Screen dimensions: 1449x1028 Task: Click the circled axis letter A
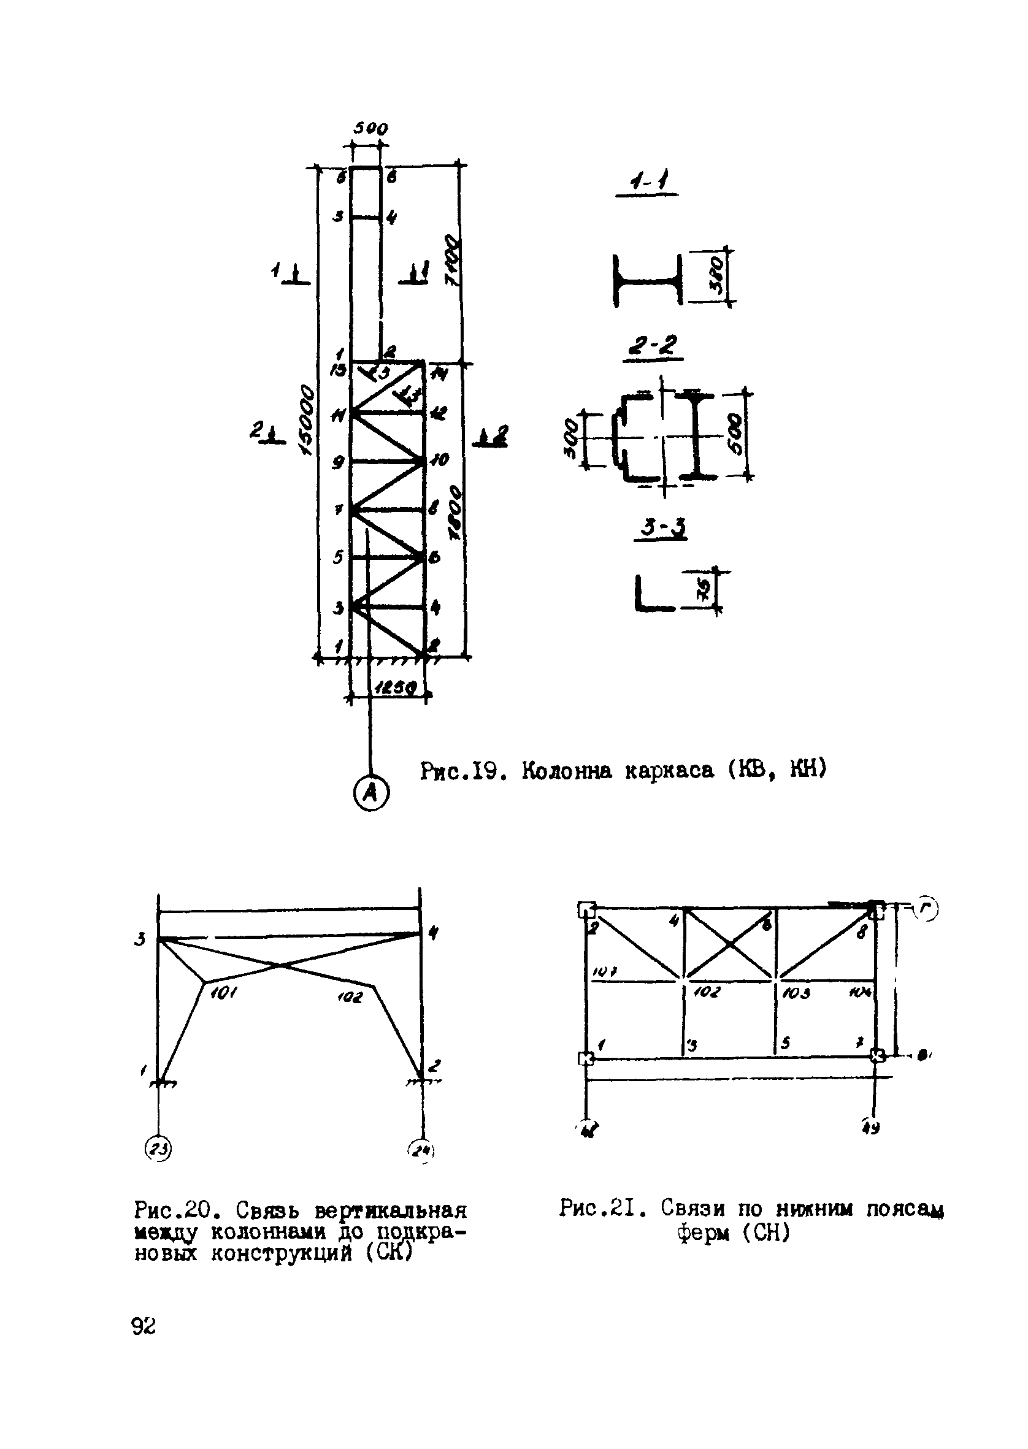[x=371, y=793]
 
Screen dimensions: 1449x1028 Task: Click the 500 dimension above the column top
[x=370, y=128]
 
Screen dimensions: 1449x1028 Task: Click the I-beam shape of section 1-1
[x=647, y=280]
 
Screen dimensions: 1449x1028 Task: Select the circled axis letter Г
[x=928, y=909]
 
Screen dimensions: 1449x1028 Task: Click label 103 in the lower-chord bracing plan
[x=796, y=992]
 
